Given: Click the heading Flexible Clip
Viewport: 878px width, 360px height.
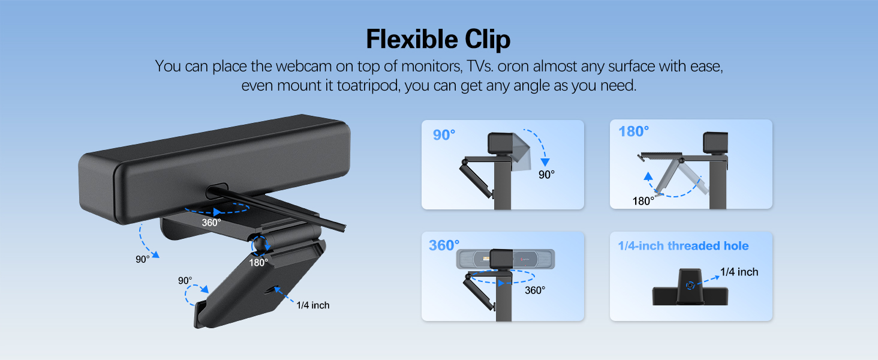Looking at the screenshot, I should coord(438,39).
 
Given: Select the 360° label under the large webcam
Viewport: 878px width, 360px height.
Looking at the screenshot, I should coord(211,222).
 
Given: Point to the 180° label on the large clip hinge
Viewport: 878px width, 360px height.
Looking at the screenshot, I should coord(259,262).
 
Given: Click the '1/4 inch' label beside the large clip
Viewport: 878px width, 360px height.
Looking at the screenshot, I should coord(312,305).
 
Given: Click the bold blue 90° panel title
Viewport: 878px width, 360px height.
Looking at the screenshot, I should coord(444,135).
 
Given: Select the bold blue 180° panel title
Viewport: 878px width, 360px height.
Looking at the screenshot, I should coord(633,131).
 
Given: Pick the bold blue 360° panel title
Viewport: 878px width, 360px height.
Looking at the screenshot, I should coord(444,245).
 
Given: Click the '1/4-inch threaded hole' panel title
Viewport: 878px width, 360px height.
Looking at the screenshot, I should coord(683,246).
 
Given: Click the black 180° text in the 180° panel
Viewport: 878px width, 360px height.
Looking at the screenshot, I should coord(643,201).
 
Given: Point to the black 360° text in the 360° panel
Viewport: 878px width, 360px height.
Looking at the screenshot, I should coord(535,290).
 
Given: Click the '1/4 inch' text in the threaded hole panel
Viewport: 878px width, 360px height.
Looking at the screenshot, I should coord(739,272).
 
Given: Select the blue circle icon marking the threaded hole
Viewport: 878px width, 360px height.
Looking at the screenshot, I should coord(691,286).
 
